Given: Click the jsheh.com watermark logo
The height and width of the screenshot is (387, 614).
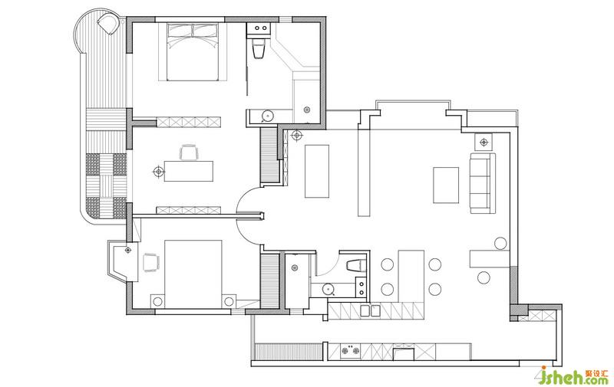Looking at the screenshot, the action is [573, 376].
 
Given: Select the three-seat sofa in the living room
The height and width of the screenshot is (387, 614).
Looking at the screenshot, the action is [483, 183].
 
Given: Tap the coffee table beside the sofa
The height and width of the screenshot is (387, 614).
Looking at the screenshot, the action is [446, 185].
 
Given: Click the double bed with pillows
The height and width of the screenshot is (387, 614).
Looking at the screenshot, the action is [193, 51].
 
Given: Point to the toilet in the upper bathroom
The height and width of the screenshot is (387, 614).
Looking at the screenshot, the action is [259, 48].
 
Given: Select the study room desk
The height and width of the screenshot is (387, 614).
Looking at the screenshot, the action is [188, 171].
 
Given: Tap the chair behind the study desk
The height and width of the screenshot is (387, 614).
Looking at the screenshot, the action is [188, 152].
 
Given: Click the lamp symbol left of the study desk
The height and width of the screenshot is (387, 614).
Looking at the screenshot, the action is [158, 171].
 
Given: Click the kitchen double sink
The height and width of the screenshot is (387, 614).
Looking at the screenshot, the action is [370, 310].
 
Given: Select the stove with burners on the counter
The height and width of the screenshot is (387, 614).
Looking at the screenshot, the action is [350, 351].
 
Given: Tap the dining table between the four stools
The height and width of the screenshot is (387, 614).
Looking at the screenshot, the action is [411, 277].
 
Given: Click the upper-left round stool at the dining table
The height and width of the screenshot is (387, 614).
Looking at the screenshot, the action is [388, 264].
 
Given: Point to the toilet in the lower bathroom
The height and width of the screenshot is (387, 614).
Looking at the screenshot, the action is [355, 265].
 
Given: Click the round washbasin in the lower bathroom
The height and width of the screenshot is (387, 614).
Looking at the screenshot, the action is [328, 289].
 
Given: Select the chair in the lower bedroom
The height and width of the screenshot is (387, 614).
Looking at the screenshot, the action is [150, 262].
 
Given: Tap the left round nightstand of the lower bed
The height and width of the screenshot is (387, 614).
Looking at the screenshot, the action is [157, 301].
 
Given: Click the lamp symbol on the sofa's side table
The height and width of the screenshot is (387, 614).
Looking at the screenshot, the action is [484, 142].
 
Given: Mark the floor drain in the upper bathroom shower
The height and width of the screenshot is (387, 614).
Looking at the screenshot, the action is [307, 110].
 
